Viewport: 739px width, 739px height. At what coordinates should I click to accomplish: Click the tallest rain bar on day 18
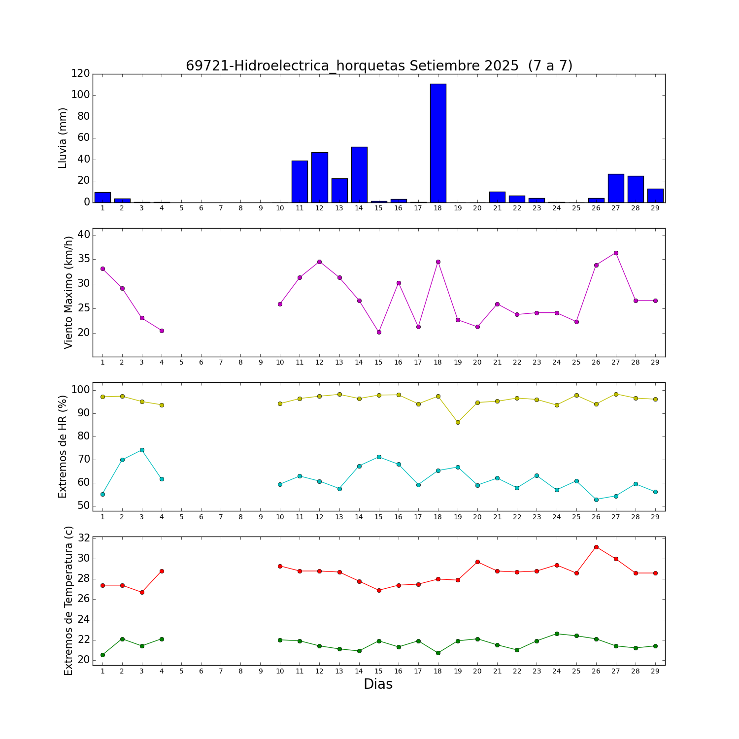click(438, 143)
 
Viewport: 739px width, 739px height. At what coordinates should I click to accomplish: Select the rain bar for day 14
click(359, 174)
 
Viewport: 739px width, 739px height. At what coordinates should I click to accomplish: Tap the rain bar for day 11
click(300, 181)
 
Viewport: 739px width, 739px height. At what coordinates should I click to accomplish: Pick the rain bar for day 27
click(616, 188)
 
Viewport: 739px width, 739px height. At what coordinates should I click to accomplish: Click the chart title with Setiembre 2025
click(379, 66)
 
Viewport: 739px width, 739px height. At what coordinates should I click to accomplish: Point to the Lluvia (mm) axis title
click(63, 138)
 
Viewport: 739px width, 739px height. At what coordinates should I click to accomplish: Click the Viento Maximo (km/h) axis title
click(68, 292)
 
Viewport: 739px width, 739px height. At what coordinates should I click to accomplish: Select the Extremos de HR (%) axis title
click(63, 446)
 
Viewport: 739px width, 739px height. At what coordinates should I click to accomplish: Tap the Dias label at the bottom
click(378, 684)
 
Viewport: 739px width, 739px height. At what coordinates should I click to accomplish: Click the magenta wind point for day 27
click(616, 253)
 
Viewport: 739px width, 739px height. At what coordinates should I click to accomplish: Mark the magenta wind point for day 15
click(379, 332)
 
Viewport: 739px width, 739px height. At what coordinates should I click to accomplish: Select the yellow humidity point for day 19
click(458, 422)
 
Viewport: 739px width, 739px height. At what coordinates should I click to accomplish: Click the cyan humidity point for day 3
click(142, 450)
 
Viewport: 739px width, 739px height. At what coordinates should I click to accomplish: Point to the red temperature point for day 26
click(596, 547)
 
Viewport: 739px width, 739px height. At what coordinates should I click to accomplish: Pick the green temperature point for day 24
click(557, 634)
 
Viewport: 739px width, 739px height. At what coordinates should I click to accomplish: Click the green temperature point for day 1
click(102, 655)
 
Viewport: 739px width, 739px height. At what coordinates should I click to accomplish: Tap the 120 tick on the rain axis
click(80, 74)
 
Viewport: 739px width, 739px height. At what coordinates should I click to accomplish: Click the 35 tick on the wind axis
click(83, 259)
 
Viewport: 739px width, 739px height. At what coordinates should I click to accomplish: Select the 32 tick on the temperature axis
click(83, 538)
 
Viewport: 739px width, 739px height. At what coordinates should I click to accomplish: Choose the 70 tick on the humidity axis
click(83, 460)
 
